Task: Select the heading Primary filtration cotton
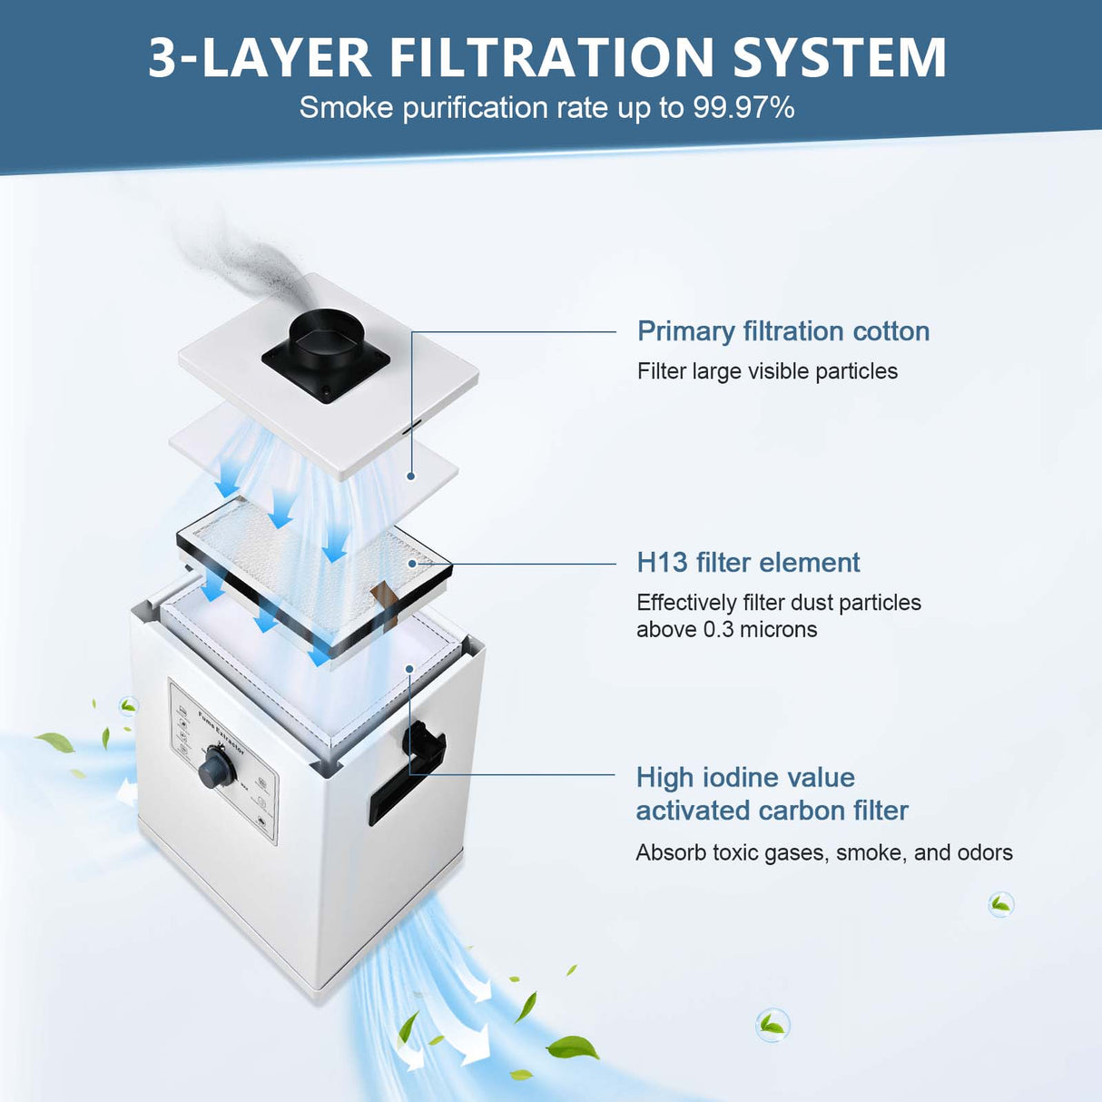(x=782, y=331)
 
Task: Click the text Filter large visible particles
(x=767, y=371)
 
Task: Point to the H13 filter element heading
(x=748, y=563)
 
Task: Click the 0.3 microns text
(x=760, y=630)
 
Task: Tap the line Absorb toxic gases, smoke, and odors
(x=823, y=853)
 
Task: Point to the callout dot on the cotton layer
(x=411, y=476)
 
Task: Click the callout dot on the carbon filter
(x=410, y=669)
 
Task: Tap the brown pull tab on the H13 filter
(x=385, y=598)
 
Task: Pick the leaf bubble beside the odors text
(x=1000, y=904)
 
